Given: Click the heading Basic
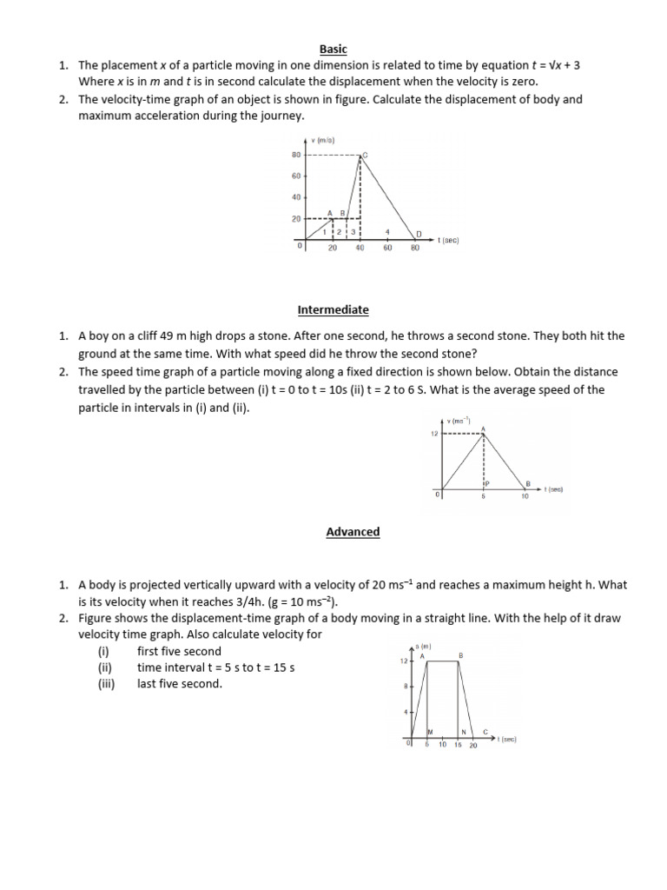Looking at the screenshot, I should [x=333, y=50].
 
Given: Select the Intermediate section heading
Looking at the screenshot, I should [x=333, y=309].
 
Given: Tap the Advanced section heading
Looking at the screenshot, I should [x=353, y=531].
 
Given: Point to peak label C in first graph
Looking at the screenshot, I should [x=365, y=156].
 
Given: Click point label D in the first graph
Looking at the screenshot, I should [x=418, y=234].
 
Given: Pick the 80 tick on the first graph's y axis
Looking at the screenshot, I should [x=295, y=156].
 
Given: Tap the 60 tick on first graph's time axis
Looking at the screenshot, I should [x=387, y=248].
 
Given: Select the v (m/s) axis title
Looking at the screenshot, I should [x=324, y=140].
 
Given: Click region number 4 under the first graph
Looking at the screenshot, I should [x=387, y=232].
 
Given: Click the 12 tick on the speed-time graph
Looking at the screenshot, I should [x=434, y=433].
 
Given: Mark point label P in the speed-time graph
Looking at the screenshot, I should [x=487, y=482].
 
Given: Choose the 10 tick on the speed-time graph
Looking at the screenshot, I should [x=525, y=496].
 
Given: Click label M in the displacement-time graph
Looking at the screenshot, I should [x=429, y=732].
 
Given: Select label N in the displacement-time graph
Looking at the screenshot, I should [x=464, y=732].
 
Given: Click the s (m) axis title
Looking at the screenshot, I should [x=423, y=647].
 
